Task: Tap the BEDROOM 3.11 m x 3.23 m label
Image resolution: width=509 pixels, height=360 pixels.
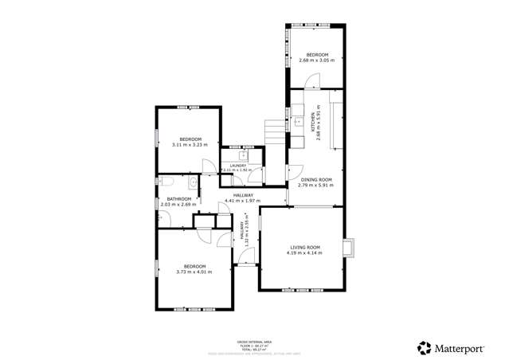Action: (x=190, y=142)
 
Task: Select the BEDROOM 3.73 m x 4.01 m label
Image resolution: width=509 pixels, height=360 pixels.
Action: (x=194, y=269)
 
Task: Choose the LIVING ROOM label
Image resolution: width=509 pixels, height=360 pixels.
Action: (x=303, y=249)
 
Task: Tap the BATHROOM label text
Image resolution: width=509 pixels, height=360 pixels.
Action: (x=178, y=202)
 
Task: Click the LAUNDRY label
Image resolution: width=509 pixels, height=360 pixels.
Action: (x=237, y=167)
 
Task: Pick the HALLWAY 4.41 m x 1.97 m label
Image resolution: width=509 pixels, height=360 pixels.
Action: (x=243, y=198)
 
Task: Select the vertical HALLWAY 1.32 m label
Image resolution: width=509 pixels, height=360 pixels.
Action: (x=244, y=231)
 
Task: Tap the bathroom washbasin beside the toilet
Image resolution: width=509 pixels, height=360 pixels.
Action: (x=192, y=182)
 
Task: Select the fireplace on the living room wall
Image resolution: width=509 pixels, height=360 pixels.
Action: (x=348, y=248)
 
